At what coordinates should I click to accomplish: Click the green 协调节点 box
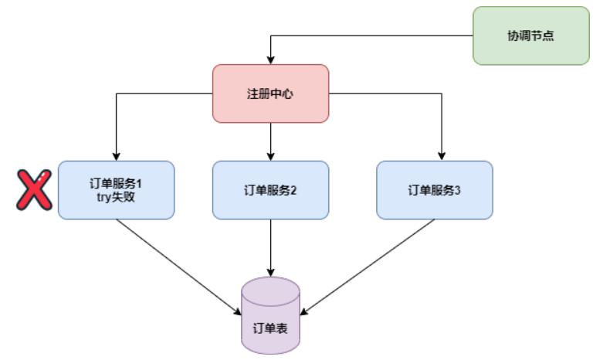(530, 36)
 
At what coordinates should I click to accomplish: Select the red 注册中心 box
(270, 93)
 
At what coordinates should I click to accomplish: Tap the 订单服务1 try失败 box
(116, 190)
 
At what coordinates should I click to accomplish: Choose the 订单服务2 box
(270, 190)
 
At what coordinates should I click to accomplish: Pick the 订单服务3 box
(435, 190)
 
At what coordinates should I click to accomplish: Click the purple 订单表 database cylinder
(270, 317)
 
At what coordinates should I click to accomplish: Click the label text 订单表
(270, 326)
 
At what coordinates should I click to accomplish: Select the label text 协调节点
(530, 36)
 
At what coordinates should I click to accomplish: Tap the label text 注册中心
(270, 93)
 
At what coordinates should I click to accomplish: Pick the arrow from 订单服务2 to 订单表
(270, 247)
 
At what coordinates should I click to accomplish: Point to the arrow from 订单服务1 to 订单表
(178, 267)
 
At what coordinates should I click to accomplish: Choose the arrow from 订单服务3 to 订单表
(367, 267)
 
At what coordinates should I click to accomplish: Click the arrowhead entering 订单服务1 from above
(116, 155)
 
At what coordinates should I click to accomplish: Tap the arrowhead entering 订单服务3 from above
(442, 155)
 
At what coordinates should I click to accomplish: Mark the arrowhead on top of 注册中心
(270, 59)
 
